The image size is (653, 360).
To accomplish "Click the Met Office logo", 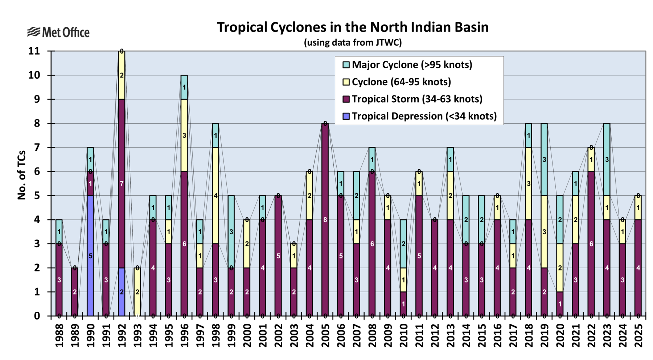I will pos(58,32).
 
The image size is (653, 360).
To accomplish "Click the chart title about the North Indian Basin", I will pos(353,27).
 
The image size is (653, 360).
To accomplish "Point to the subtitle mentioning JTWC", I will pos(353,42).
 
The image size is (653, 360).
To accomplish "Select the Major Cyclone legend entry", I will pos(412,65).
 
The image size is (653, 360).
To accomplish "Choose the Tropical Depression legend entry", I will pos(424,116).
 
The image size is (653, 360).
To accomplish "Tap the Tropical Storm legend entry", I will pos(417,99).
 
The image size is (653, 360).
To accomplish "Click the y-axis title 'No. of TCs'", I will pos(22,175).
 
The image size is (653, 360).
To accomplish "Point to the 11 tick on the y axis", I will pos(34,51).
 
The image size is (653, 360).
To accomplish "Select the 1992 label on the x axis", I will pos(122,336).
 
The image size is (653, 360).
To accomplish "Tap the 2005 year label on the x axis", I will pos(325,336).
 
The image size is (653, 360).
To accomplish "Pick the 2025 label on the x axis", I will pos(638,336).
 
